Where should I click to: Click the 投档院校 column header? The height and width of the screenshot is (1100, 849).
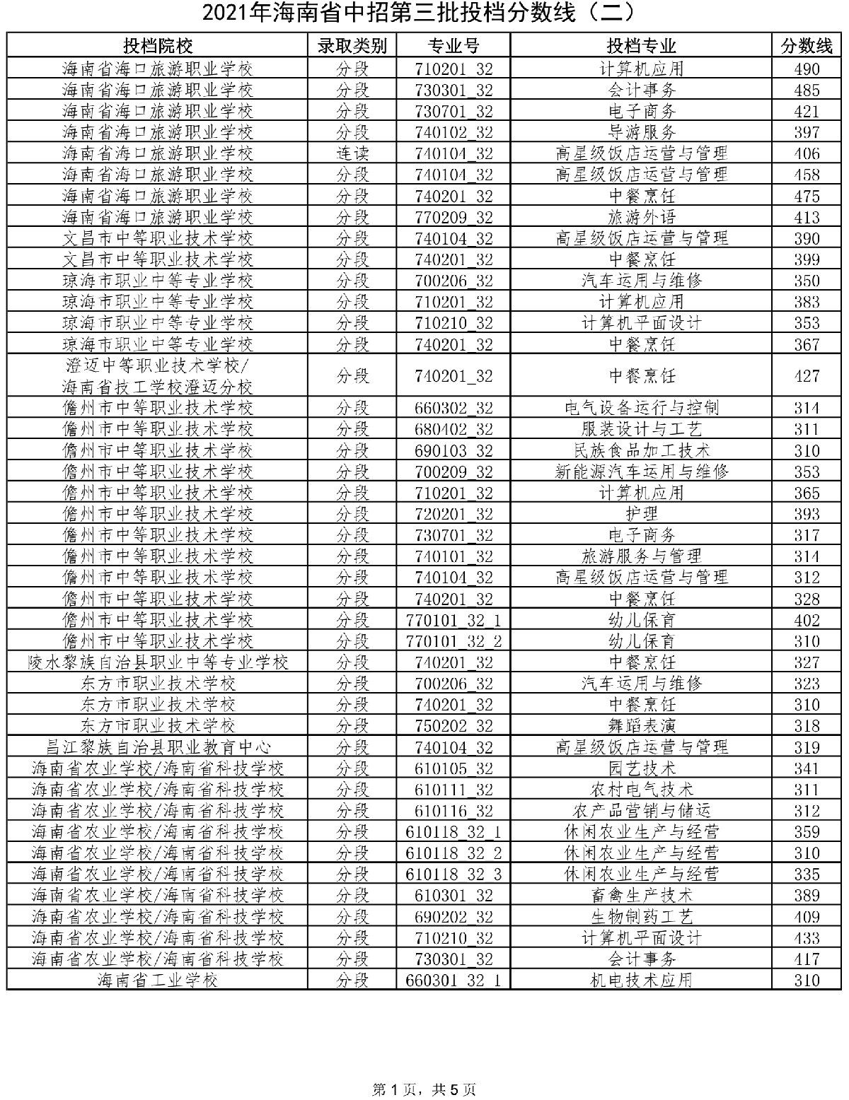pyautogui.click(x=157, y=46)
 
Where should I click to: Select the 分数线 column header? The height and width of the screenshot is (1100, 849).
pyautogui.click(x=806, y=46)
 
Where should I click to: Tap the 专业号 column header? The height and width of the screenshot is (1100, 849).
pyautogui.click(x=454, y=46)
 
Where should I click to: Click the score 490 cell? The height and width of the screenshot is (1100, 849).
pyautogui.click(x=806, y=69)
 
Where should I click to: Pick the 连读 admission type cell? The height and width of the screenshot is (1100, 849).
pyautogui.click(x=352, y=153)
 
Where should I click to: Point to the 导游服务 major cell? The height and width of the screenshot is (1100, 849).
pyautogui.click(x=641, y=132)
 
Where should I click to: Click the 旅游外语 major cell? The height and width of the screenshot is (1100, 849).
pyautogui.click(x=641, y=217)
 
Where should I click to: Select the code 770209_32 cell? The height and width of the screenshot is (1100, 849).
pyautogui.click(x=454, y=217)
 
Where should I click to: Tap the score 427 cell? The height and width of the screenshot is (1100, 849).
pyautogui.click(x=806, y=376)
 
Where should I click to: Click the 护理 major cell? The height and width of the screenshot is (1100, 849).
pyautogui.click(x=641, y=514)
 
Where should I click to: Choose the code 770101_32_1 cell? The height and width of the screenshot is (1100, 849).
pyautogui.click(x=454, y=620)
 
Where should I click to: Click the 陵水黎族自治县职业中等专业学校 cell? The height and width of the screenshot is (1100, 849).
pyautogui.click(x=157, y=662)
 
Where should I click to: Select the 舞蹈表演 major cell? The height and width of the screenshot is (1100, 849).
pyautogui.click(x=641, y=726)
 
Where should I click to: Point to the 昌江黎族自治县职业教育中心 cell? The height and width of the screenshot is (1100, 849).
pyautogui.click(x=157, y=747)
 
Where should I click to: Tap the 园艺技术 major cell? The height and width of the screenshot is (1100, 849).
pyautogui.click(x=641, y=768)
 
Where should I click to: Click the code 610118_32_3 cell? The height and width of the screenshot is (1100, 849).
pyautogui.click(x=454, y=874)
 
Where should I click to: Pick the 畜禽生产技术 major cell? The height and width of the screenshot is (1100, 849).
pyautogui.click(x=641, y=896)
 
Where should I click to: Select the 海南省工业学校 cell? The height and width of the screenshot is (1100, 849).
pyautogui.click(x=157, y=980)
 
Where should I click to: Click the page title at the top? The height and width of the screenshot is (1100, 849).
pyautogui.click(x=424, y=13)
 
